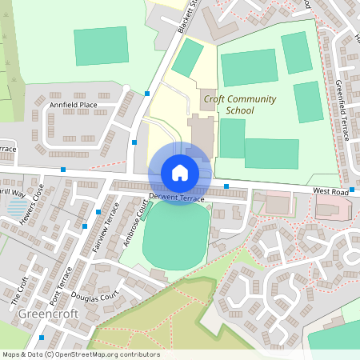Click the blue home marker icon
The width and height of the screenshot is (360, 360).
pyautogui.click(x=179, y=172)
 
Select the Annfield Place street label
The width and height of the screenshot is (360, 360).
pyautogui.click(x=73, y=105)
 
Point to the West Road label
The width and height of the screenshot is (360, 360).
pyautogui.click(x=331, y=191)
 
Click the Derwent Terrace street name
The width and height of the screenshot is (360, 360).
pyautogui.click(x=176, y=198)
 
